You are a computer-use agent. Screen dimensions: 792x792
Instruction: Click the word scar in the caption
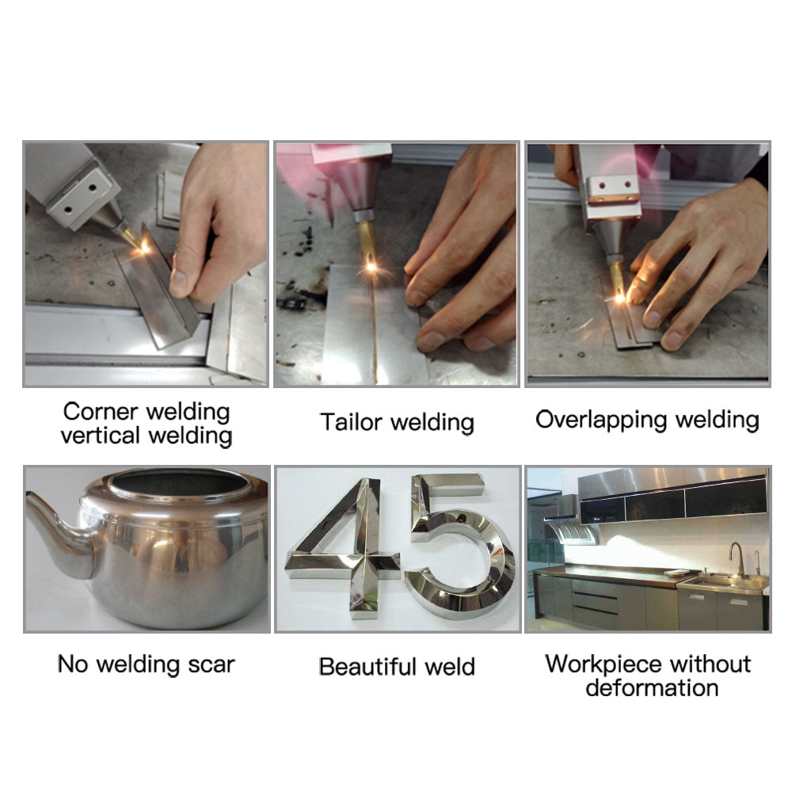click(x=210, y=664)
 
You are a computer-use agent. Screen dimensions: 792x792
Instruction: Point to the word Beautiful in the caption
click(x=368, y=666)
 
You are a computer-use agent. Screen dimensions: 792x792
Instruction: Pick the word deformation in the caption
click(x=652, y=687)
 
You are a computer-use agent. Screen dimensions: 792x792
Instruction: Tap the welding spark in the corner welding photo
click(x=145, y=247)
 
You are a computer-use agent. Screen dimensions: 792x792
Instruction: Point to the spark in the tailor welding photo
click(x=370, y=268)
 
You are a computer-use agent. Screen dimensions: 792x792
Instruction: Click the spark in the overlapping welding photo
click(x=620, y=297)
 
